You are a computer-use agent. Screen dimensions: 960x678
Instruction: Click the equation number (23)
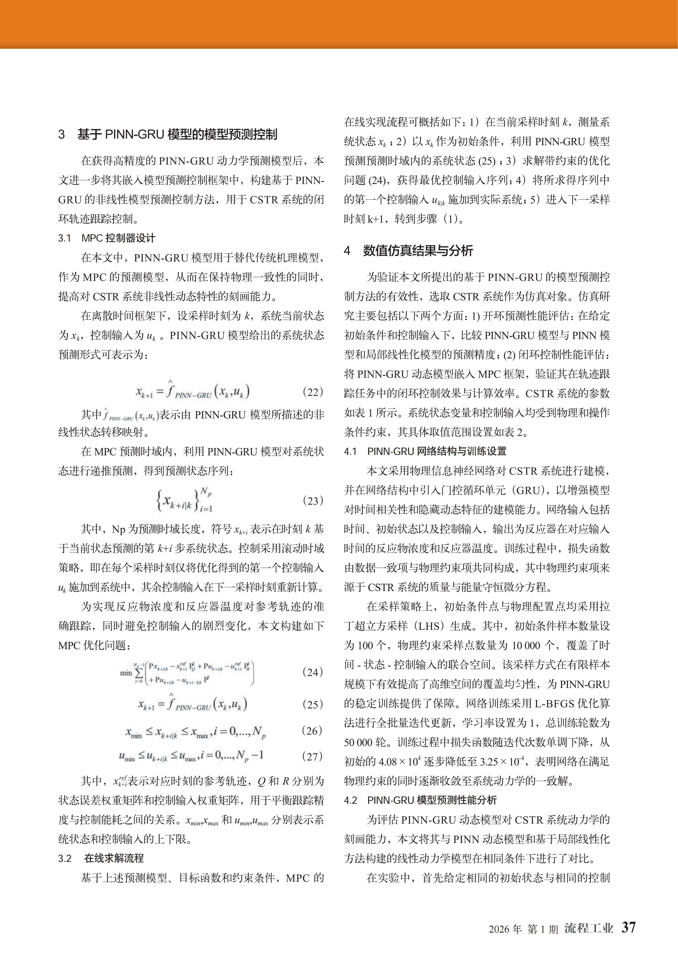pyautogui.click(x=312, y=500)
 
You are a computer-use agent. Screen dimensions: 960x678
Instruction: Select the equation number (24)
pyautogui.click(x=312, y=672)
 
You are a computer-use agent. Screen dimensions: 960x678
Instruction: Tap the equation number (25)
pyautogui.click(x=312, y=704)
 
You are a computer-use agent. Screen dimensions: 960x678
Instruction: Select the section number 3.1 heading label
pyautogui.click(x=65, y=238)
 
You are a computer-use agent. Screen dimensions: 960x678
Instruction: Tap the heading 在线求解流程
pyautogui.click(x=114, y=858)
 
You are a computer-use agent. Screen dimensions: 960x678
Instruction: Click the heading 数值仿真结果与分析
pyautogui.click(x=418, y=251)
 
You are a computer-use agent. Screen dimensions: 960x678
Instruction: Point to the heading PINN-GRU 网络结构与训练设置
pyautogui.click(x=436, y=451)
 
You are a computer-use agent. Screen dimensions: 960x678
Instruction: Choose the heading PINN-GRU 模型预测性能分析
pyautogui.click(x=432, y=800)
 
